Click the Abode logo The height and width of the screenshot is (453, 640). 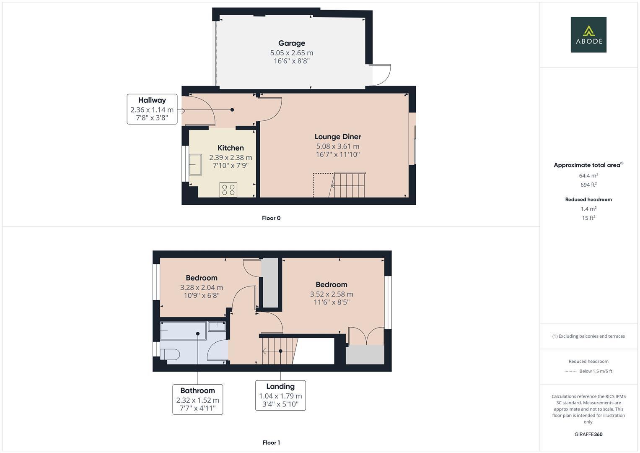tap(588, 34)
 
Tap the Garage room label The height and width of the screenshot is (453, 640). tap(292, 43)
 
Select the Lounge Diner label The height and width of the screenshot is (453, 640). tap(338, 137)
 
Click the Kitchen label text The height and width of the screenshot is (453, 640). tap(231, 148)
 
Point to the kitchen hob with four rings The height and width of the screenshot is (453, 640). tap(228, 190)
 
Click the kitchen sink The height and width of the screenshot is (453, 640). tap(196, 164)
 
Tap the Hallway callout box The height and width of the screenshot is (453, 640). tap(152, 109)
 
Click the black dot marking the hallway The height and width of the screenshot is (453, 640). tap(232, 110)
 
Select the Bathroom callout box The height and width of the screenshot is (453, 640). tap(198, 399)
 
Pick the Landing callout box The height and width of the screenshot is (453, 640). tap(280, 395)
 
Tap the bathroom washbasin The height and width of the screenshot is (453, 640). tap(217, 326)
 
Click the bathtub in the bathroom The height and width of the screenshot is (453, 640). tap(183, 331)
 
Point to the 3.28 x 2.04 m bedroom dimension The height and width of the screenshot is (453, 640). tap(202, 287)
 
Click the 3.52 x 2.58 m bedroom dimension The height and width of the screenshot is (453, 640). tap(332, 294)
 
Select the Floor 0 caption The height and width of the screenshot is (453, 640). tap(271, 218)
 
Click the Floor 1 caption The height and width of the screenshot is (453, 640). tap(271, 443)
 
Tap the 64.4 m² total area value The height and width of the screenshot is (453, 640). tap(588, 176)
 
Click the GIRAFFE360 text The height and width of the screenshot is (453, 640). tap(588, 435)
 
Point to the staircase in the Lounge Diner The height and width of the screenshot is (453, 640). tap(347, 185)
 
